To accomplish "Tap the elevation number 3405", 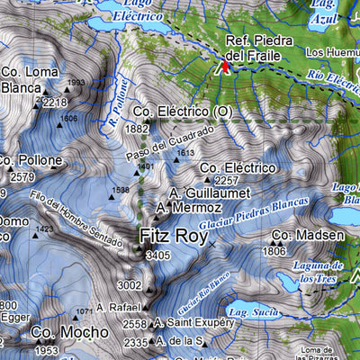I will click(157, 256).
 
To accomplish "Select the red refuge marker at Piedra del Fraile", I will click(226, 64).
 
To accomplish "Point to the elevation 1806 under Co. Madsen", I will click(274, 252).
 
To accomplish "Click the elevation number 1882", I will click(137, 130).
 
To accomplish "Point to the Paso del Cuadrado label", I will click(170, 143).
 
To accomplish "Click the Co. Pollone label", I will click(31, 160).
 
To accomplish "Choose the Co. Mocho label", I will click(57, 333).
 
